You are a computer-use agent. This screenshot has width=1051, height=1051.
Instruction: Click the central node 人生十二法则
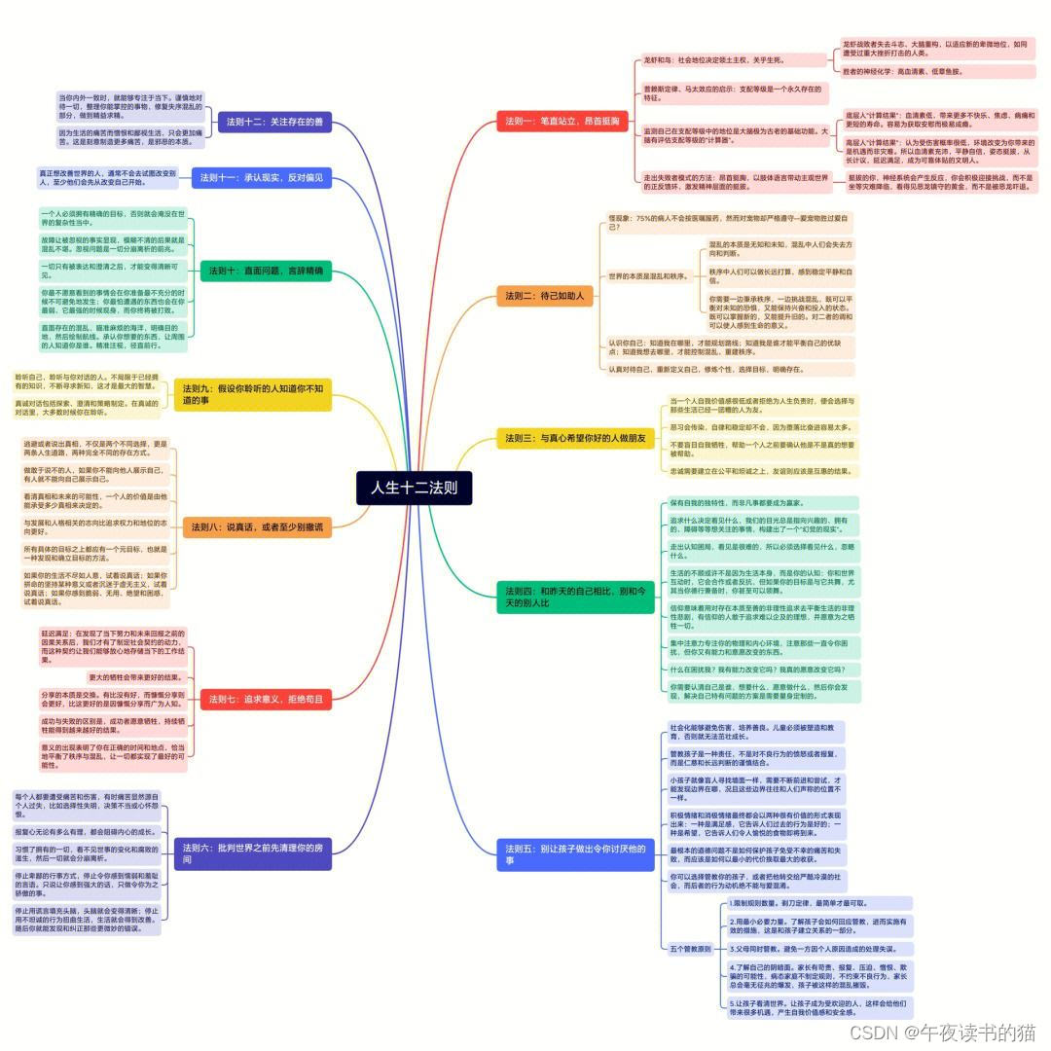414,488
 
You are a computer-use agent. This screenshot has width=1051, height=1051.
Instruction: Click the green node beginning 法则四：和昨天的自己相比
575,597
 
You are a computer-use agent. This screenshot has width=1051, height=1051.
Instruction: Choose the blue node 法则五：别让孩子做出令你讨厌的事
575,854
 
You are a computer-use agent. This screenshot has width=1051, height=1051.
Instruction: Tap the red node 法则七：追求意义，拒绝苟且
267,698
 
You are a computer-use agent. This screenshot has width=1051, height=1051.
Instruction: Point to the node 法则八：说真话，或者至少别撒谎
257,526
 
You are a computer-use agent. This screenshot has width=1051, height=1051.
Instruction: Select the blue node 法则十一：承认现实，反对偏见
262,178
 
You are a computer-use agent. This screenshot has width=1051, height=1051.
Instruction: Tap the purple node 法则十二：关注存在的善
274,123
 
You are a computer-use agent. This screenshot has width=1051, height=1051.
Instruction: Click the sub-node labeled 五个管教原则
690,948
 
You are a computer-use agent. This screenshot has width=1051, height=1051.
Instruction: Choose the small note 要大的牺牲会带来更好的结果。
135,676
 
